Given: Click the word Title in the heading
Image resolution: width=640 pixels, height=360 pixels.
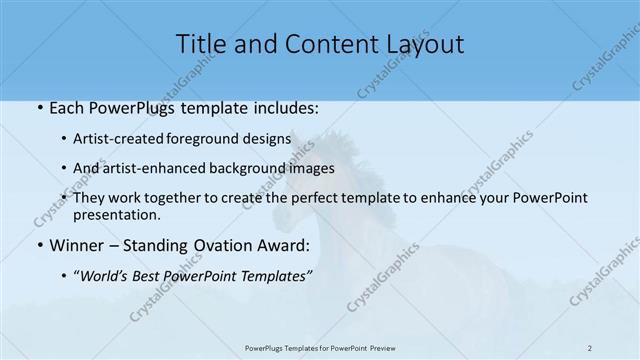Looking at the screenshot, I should click(199, 44).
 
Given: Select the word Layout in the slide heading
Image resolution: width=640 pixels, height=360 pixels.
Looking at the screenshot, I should click(423, 44).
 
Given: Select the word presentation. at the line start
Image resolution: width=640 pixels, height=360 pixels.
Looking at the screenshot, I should click(115, 214).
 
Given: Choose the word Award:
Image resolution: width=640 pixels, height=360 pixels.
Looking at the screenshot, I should click(284, 245).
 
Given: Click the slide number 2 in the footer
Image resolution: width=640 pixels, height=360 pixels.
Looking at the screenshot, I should click(592, 347).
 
